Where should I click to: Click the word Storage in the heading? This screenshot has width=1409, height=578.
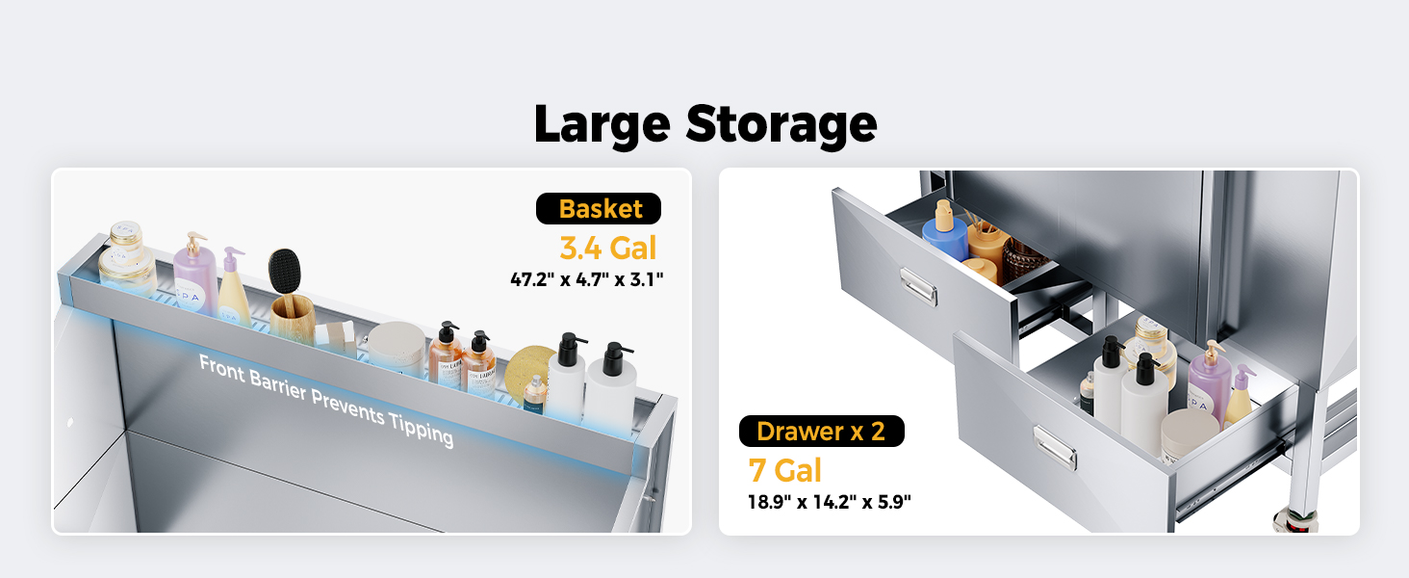[781, 125]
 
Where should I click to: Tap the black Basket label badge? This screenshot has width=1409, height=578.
[599, 209]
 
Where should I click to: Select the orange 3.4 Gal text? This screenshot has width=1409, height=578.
[607, 248]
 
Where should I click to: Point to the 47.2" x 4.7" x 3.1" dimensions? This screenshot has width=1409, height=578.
[587, 279]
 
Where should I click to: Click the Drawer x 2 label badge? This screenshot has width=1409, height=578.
[821, 432]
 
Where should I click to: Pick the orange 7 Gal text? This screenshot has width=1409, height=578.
[785, 470]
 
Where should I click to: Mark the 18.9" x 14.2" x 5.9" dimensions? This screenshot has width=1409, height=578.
[830, 501]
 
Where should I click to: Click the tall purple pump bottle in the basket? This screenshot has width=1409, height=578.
[195, 276]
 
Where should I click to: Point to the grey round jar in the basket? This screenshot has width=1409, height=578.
[396, 345]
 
